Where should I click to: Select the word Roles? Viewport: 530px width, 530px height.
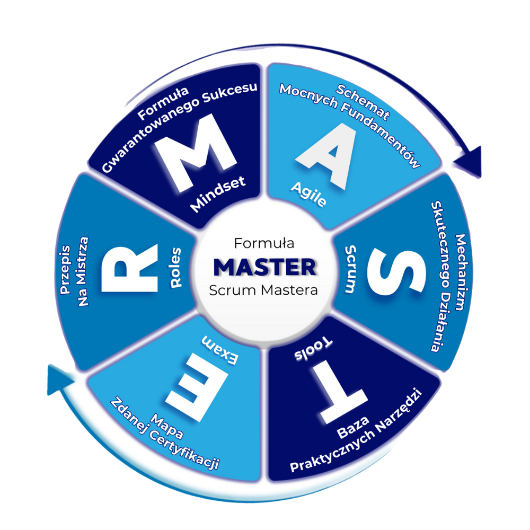[176, 268]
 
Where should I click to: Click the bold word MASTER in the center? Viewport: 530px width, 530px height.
[264, 267]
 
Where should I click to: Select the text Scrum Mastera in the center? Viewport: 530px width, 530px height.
[264, 290]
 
